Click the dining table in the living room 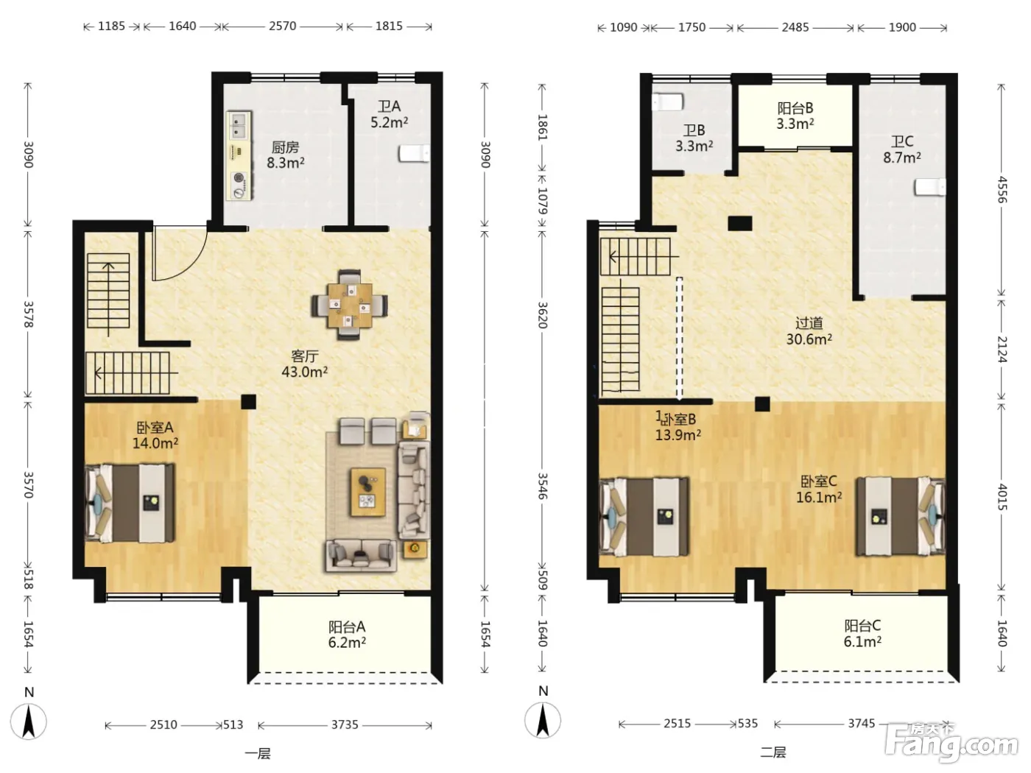(350, 305)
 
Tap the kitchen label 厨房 (285, 147)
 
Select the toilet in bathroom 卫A (414, 153)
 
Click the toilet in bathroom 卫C (929, 187)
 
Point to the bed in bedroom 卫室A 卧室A (130, 503)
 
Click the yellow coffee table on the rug (367, 491)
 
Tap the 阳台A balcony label (347, 626)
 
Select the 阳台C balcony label (862, 625)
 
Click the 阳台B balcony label (795, 108)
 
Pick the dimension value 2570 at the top (282, 26)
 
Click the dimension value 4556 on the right (1002, 190)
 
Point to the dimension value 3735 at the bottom (345, 724)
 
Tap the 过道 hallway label (809, 323)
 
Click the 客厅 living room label (304, 356)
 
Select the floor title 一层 (258, 754)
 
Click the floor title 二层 (773, 753)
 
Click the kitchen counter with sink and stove (239, 156)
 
